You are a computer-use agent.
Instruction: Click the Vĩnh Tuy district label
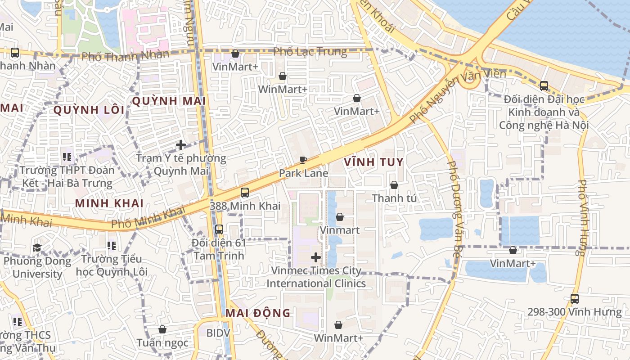tap(373, 162)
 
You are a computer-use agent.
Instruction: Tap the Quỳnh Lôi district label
tap(89, 110)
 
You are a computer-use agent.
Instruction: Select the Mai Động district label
tap(258, 313)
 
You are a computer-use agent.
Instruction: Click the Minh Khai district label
tap(109, 203)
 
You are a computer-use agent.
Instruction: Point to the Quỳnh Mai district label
tap(169, 101)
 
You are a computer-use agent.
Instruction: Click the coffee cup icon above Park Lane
tap(303, 160)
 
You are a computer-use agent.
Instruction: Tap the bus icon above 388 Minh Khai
tap(245, 193)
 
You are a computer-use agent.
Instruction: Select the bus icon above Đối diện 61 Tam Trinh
tap(219, 229)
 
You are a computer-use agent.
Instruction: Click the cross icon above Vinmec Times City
tap(316, 257)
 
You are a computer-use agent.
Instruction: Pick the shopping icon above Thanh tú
tap(394, 185)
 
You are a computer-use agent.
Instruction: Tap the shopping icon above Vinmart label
tap(340, 217)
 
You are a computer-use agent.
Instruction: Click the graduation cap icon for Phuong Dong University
tap(37, 247)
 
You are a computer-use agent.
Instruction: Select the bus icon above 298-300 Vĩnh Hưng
tap(574, 298)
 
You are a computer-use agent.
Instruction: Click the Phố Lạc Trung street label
tap(310, 52)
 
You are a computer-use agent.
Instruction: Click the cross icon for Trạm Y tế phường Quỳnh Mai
tap(181, 145)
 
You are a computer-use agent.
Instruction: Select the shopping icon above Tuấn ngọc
tap(162, 330)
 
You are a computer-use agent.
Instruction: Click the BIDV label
tap(218, 333)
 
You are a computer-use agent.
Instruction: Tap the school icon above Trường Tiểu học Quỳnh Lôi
tap(112, 246)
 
